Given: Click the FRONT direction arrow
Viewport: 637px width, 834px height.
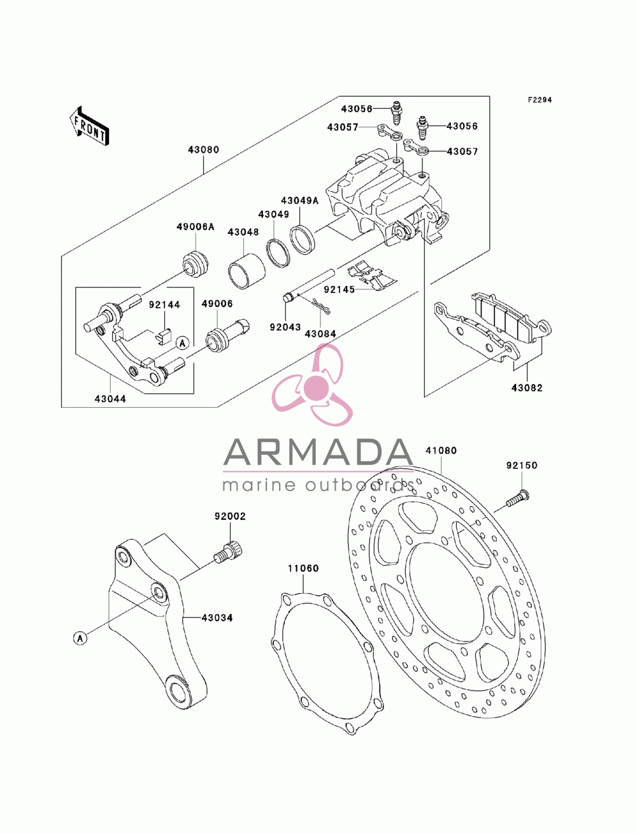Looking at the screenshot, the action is [89, 126].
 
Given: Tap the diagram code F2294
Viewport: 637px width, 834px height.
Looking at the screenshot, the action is [539, 100].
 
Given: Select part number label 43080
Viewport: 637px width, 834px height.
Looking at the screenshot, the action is [204, 150].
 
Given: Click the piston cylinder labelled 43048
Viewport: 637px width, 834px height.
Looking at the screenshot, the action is [247, 271].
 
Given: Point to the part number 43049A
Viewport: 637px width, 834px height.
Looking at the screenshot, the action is [299, 201].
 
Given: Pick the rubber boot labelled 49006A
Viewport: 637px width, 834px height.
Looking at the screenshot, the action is [196, 263].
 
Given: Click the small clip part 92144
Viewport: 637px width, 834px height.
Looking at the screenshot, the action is [163, 336].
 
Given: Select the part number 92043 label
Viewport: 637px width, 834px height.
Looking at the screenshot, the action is [285, 327].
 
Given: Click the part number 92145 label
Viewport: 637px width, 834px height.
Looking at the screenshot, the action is [339, 289].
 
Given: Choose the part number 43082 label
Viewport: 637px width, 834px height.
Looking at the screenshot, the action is [527, 388].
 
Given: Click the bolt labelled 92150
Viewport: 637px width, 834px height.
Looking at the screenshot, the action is [517, 498].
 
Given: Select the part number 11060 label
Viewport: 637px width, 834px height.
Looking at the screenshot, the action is [303, 568].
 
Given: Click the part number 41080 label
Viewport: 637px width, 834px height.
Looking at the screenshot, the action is [441, 450].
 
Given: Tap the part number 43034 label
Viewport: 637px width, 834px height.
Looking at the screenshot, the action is [217, 618].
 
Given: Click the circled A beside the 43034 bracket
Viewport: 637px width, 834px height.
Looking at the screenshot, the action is [80, 638].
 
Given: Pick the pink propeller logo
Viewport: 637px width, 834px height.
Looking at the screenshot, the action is [313, 385].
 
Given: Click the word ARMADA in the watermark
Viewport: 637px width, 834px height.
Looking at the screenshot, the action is [318, 452].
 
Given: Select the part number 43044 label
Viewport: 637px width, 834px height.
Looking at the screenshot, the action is [110, 399].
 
